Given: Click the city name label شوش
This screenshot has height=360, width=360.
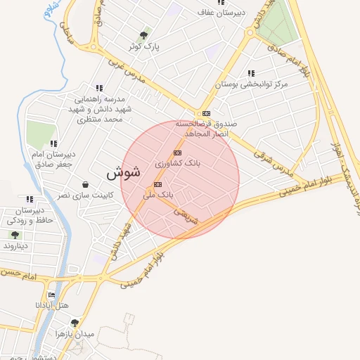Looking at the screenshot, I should point(123,172).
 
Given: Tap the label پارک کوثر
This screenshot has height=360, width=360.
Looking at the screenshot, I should point(144,46).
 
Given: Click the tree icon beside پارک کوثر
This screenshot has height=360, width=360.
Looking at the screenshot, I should point(144,34).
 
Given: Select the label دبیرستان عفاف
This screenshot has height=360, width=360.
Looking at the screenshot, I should point(221,13).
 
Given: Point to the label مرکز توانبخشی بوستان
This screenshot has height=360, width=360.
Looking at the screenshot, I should point(251,84).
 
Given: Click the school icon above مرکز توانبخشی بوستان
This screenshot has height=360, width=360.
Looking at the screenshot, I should point(251,72).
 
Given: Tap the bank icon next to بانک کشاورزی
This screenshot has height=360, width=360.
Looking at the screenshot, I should point(177,153).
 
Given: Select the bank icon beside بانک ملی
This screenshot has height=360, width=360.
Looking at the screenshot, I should point(157,185).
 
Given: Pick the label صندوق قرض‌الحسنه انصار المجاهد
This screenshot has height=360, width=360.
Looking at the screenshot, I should point(210,128).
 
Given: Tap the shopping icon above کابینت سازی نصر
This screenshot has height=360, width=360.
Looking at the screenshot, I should point(85,184).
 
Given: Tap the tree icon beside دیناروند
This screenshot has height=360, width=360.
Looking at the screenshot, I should point(15,235).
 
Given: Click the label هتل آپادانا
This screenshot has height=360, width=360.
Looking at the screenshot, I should point(52,306).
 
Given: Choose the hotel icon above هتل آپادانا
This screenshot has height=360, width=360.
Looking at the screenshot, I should point(51,295).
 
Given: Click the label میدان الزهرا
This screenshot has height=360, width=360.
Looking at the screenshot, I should point(77,334).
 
